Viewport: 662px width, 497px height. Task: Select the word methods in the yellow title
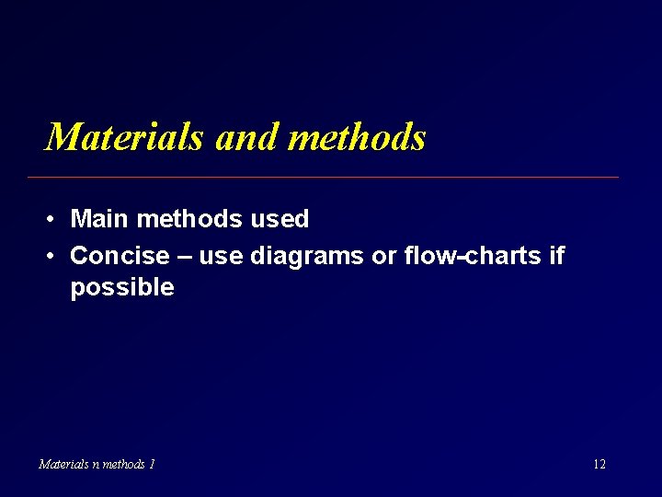point(357,137)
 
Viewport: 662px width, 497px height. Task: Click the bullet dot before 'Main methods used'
point(51,220)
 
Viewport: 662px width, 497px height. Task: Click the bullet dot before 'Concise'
point(51,256)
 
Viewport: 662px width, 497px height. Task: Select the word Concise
point(120,255)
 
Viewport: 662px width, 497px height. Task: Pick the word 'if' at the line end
point(555,255)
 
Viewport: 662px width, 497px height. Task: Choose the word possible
point(121,288)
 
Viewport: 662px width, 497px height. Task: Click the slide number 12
point(599,464)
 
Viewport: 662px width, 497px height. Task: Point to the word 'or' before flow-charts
point(383,256)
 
